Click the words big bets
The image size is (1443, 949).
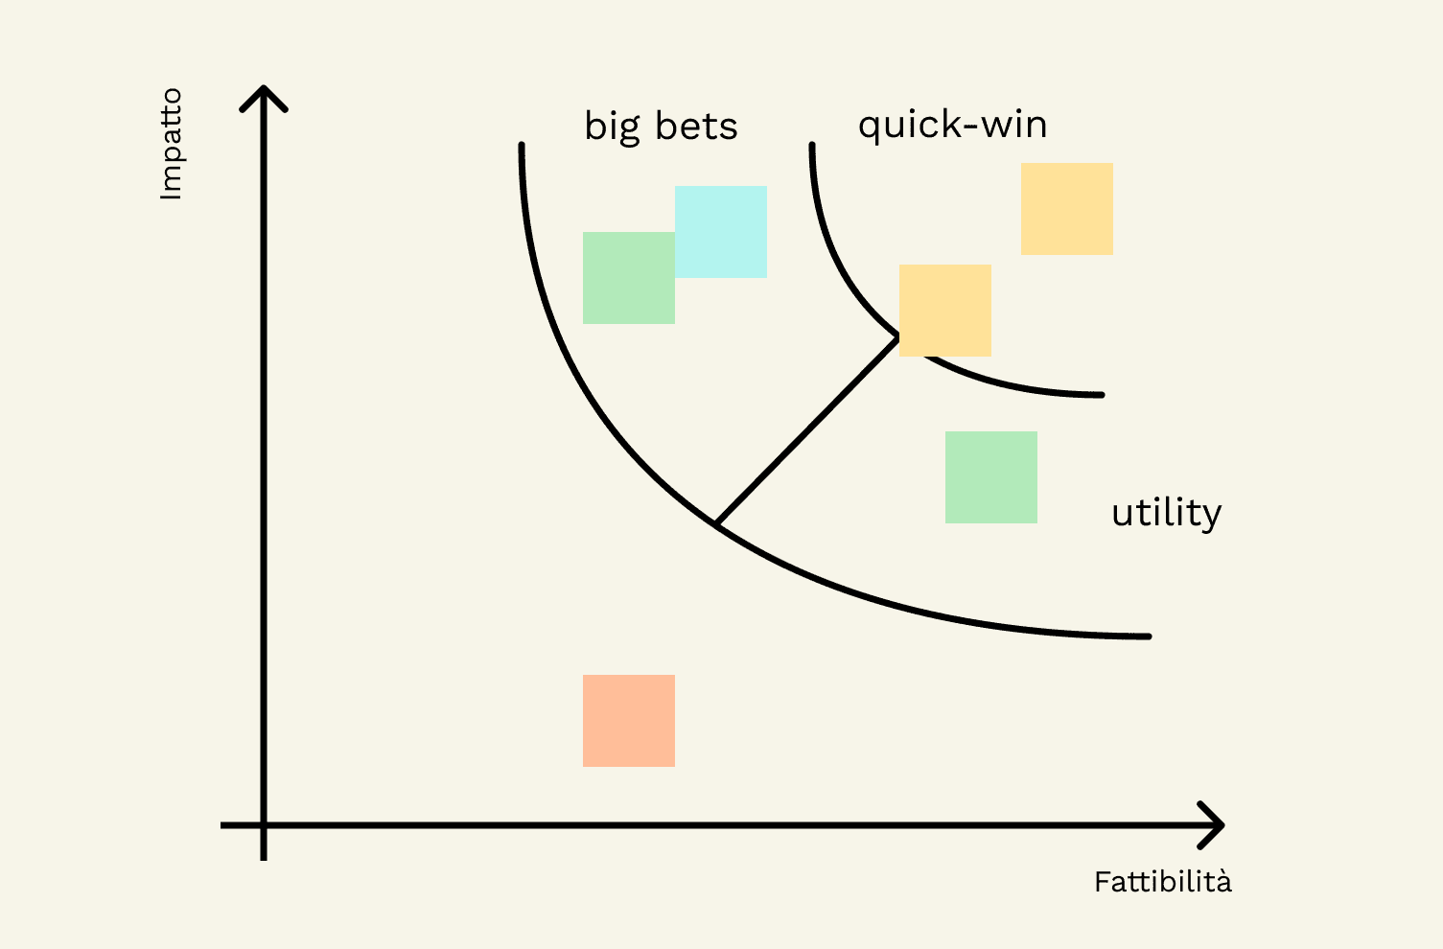661,127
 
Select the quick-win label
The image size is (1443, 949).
952,125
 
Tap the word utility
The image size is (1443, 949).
1166,513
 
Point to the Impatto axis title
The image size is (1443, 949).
171,144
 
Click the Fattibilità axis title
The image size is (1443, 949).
1162,882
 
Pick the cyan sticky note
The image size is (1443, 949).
721,232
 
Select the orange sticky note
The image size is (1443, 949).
629,721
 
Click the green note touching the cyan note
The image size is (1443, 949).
629,278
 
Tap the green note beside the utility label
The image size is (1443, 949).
991,477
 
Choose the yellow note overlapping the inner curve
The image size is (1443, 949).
945,311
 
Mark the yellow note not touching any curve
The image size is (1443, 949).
1067,209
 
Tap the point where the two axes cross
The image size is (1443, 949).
264,825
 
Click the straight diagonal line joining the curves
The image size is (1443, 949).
807,430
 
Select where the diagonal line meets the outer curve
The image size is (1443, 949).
716,523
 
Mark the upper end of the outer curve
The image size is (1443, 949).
522,147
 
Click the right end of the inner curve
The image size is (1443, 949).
1101,395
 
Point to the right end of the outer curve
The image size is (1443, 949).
1147,637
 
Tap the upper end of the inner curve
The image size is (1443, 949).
812,147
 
